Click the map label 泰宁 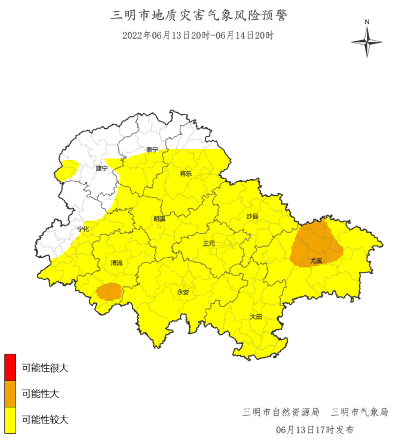(152, 150)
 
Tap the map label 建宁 (102, 169)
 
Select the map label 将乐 (186, 174)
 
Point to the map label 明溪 (159, 219)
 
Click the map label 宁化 (83, 229)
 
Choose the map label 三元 (209, 243)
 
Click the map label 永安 (183, 292)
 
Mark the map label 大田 (256, 317)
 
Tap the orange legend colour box (10, 394)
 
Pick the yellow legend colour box (10, 419)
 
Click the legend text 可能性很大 (45, 368)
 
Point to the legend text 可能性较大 (45, 419)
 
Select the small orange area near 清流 (109, 292)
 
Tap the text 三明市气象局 (360, 412)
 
